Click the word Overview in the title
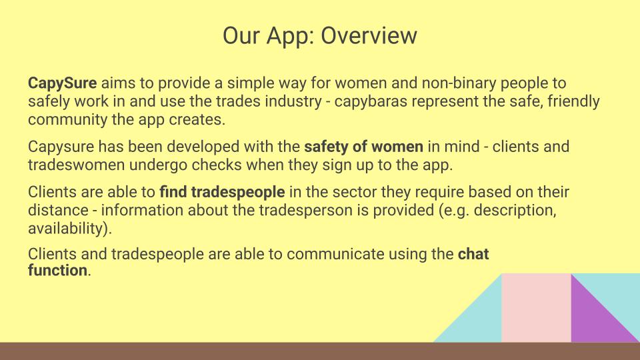tap(369, 35)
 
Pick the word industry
tap(293, 101)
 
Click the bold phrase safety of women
tap(364, 147)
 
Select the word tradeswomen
tap(76, 165)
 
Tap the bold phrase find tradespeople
tap(222, 192)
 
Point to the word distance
tap(58, 210)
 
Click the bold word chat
tap(473, 254)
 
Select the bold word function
tap(57, 270)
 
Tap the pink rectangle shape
tap(536, 308)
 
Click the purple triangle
tap(594, 319)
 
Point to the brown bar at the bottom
tap(320, 351)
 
